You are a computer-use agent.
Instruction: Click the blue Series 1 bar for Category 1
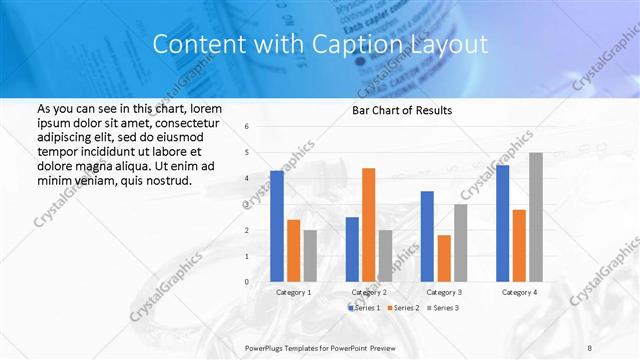277,226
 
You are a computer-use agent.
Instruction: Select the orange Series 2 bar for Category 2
368,225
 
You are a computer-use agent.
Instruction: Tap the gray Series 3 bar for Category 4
535,217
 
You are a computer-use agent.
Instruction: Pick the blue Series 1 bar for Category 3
427,236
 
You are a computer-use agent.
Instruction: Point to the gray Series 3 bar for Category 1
310,256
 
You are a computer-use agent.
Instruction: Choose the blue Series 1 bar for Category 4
503,223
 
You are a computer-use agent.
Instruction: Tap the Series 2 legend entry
405,307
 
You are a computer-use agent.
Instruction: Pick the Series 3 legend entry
444,307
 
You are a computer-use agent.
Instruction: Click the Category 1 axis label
294,292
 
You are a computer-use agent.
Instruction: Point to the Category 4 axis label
519,292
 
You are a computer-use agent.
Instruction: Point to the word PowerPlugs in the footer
266,346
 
